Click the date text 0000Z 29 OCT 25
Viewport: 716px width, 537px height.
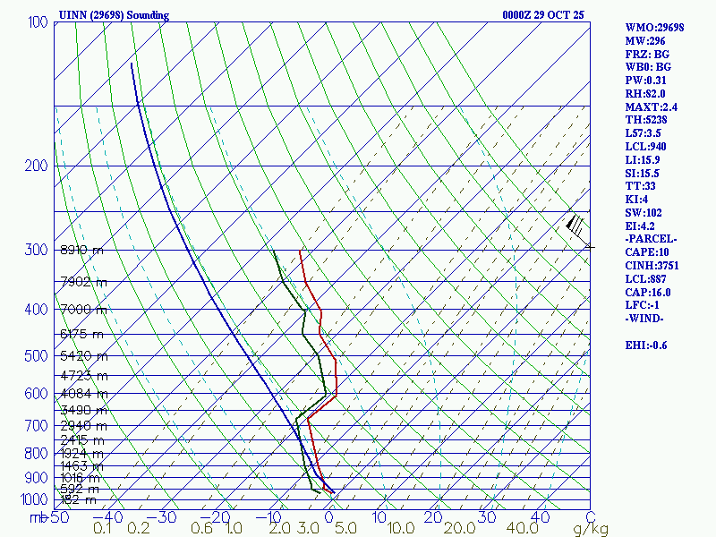[x=544, y=15]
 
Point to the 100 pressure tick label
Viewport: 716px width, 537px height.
[x=37, y=21]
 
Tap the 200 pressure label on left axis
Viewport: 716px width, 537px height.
[x=37, y=166]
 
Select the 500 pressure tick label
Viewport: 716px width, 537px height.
[x=37, y=356]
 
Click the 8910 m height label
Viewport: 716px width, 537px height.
[x=81, y=251]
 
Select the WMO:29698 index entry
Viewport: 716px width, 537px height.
[x=654, y=28]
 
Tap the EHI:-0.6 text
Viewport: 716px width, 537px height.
[x=646, y=345]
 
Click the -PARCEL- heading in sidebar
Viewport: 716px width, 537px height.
[x=652, y=239]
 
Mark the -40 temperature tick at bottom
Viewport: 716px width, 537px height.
[x=108, y=517]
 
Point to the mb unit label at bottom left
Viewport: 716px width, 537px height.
[x=38, y=517]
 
